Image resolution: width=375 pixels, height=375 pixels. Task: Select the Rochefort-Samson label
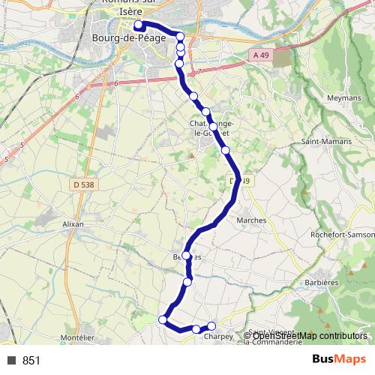[x=342, y=235]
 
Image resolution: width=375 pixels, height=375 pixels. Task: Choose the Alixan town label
[x=73, y=224]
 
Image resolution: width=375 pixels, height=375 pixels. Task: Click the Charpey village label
[x=218, y=337]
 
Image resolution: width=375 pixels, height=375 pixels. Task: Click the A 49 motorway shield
[x=260, y=55]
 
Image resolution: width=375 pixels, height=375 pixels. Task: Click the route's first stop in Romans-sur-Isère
[x=139, y=25]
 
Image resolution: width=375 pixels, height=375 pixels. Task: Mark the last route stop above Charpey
[x=211, y=325]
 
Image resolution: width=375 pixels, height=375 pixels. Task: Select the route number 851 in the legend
[x=31, y=361]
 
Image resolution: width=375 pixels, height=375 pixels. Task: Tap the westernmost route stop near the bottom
[x=163, y=319]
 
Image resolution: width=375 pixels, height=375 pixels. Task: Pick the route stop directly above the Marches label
[x=226, y=150]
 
